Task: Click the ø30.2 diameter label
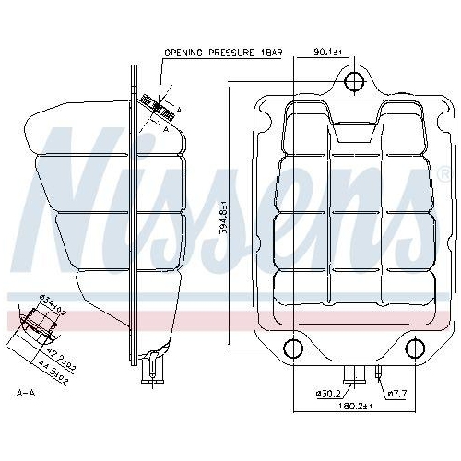click(x=326, y=394)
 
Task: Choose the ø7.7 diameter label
click(x=397, y=394)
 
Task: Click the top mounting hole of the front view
click(x=352, y=82)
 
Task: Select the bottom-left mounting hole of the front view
click(x=291, y=349)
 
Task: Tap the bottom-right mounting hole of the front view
click(x=413, y=349)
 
